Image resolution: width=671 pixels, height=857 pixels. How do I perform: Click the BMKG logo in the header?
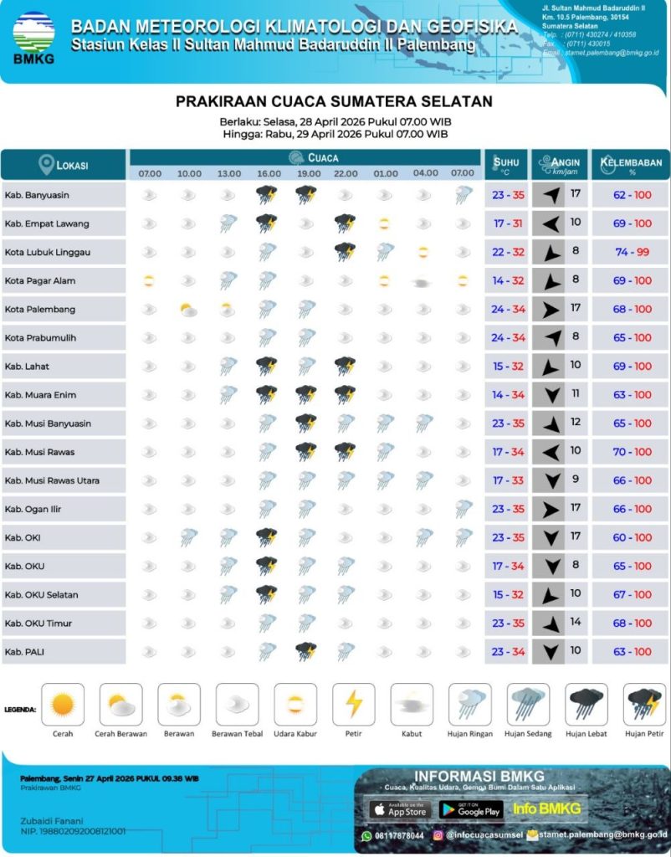click(33, 37)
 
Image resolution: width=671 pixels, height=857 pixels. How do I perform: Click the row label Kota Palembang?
click(40, 310)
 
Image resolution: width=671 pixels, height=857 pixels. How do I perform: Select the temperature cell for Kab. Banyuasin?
click(508, 196)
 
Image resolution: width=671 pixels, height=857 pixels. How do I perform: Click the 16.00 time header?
click(269, 173)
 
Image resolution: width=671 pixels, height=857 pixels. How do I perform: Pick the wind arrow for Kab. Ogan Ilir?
click(548, 509)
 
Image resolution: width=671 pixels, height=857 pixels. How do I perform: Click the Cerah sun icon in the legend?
click(63, 705)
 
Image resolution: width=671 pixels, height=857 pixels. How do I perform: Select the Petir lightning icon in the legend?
click(353, 705)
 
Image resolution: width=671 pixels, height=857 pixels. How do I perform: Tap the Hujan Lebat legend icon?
click(586, 705)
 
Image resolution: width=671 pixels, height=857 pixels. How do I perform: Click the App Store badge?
click(399, 809)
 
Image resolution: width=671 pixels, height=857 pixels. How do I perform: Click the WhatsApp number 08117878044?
click(397, 835)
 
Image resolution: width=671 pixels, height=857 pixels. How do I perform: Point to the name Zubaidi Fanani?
click(52, 820)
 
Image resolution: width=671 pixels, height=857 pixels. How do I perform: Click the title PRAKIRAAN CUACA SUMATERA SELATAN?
click(334, 101)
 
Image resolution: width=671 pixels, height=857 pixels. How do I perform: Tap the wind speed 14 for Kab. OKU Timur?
click(575, 623)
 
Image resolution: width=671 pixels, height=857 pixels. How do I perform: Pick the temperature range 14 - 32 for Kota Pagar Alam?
click(508, 281)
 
